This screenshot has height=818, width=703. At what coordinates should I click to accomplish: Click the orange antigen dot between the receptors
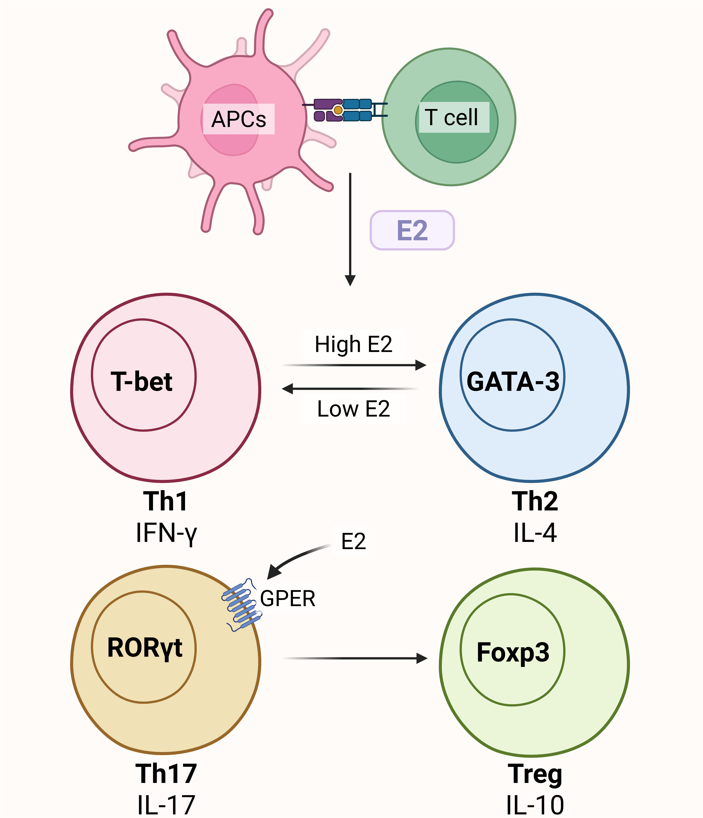(x=338, y=110)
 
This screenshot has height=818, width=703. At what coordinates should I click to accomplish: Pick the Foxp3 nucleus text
(x=513, y=652)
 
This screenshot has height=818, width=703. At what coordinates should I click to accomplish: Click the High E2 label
(x=353, y=344)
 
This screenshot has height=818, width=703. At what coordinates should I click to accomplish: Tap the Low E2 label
(x=353, y=409)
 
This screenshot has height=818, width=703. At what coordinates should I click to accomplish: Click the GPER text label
(x=288, y=599)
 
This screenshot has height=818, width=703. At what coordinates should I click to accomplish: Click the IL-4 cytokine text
(x=535, y=533)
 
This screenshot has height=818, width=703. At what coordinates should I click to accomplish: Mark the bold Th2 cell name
(x=535, y=501)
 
